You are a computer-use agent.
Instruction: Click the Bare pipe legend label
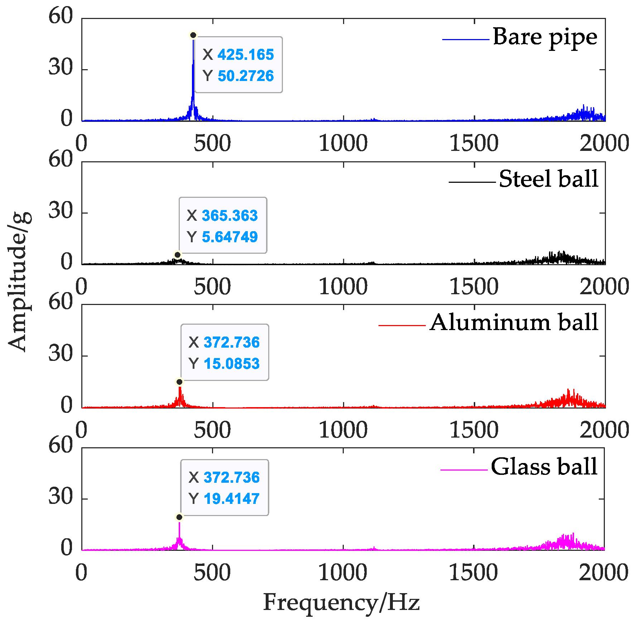click(x=545, y=37)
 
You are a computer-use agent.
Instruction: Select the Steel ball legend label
click(x=548, y=179)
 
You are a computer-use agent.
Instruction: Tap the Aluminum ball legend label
click(x=514, y=322)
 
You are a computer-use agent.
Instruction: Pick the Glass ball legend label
click(x=544, y=467)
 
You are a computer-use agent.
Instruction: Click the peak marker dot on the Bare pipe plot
click(x=193, y=35)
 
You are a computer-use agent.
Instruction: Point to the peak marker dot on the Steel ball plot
click(x=177, y=255)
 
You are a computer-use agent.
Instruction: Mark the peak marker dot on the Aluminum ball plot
click(x=179, y=382)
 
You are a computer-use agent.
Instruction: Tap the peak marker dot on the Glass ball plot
click(x=179, y=517)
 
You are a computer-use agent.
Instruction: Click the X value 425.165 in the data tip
click(x=245, y=55)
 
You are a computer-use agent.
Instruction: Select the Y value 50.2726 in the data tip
click(x=245, y=76)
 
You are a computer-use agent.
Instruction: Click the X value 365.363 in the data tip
click(x=230, y=216)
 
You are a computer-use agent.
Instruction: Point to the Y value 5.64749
click(x=230, y=237)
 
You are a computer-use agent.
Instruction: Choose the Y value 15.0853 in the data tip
click(x=231, y=364)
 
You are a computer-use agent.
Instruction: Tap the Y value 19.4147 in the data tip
click(x=231, y=499)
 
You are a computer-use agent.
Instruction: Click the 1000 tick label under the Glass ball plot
click(x=343, y=572)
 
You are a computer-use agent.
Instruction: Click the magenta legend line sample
click(x=463, y=469)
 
